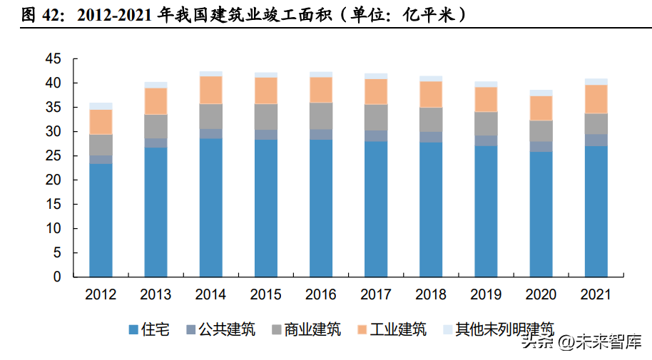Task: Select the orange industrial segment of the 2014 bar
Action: [211, 90]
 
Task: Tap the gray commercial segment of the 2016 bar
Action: [321, 115]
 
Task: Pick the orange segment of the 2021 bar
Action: [596, 99]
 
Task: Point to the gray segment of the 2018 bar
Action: [431, 119]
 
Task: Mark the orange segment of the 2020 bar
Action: [541, 108]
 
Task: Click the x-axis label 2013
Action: [156, 294]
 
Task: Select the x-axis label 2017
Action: [376, 294]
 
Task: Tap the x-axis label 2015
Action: [266, 294]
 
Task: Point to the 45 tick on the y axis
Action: [54, 59]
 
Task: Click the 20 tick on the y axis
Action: [54, 180]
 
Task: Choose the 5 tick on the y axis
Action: [58, 253]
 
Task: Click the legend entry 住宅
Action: [156, 329]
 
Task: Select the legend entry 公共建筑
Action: [227, 329]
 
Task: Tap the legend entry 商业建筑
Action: [312, 329]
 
